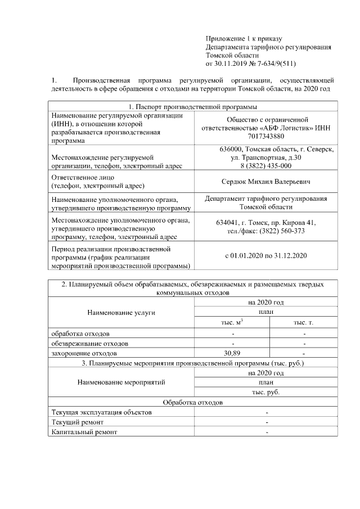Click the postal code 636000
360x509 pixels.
[x=233, y=149]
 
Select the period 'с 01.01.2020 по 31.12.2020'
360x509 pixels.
[x=266, y=256]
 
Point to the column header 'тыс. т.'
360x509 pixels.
[x=304, y=322]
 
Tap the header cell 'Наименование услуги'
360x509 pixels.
[x=121, y=312]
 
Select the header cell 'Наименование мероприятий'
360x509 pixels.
[x=121, y=382]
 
